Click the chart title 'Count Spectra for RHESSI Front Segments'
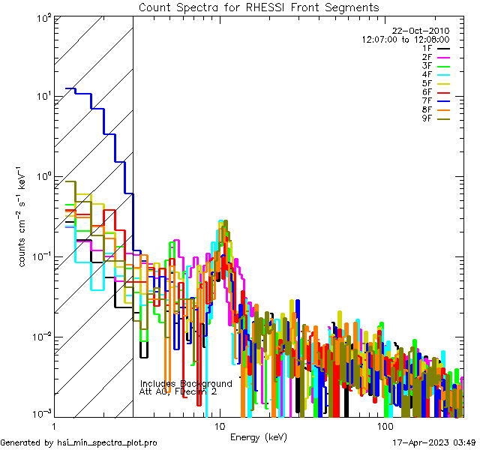[x=259, y=7]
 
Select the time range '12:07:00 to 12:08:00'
[x=405, y=39]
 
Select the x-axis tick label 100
[x=384, y=425]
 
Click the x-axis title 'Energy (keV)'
[x=259, y=436]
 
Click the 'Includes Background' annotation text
[x=186, y=383]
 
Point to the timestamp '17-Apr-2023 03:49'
[x=433, y=443]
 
